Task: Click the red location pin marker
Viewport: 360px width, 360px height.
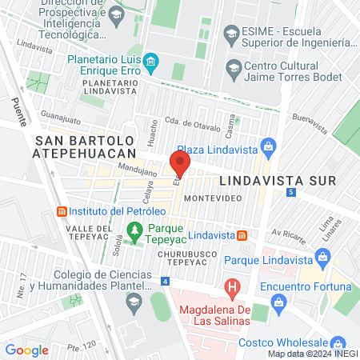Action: click(180, 165)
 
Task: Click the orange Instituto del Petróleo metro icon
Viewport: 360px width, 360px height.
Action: click(60, 211)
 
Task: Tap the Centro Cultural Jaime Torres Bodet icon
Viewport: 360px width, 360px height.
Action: click(234, 66)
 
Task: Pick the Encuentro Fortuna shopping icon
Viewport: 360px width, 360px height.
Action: click(278, 302)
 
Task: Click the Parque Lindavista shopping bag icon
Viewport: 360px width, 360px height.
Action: click(324, 256)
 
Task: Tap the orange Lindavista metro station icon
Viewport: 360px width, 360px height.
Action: click(242, 235)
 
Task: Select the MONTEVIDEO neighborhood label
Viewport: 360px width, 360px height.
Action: click(207, 196)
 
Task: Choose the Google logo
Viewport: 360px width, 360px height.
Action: click(26, 350)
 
